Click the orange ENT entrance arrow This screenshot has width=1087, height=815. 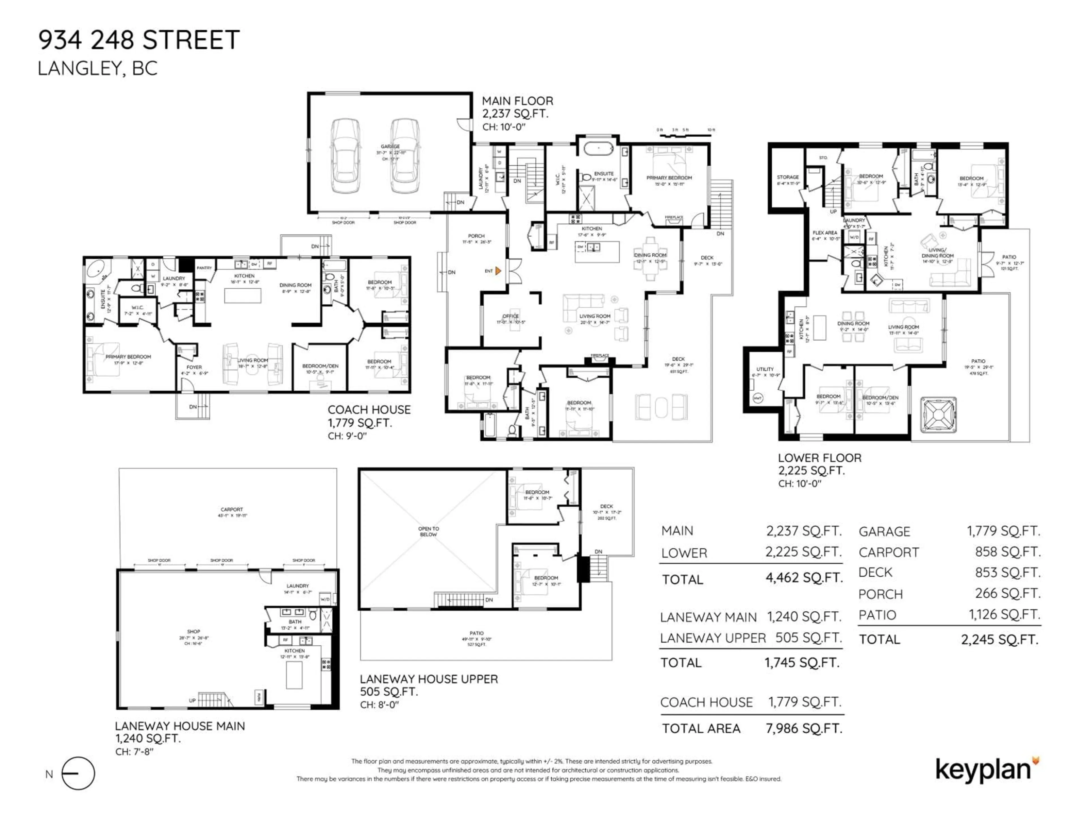click(x=498, y=271)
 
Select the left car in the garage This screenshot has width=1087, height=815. click(x=345, y=155)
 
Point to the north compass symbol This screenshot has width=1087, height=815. click(x=79, y=774)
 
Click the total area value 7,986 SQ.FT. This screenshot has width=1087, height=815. click(x=804, y=728)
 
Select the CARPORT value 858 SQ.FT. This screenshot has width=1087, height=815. click(x=1008, y=552)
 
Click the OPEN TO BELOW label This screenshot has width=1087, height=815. click(x=429, y=531)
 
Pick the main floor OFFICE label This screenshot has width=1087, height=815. click(x=511, y=316)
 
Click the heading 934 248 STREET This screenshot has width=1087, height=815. click(x=139, y=40)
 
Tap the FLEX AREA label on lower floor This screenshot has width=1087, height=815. click(x=825, y=233)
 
